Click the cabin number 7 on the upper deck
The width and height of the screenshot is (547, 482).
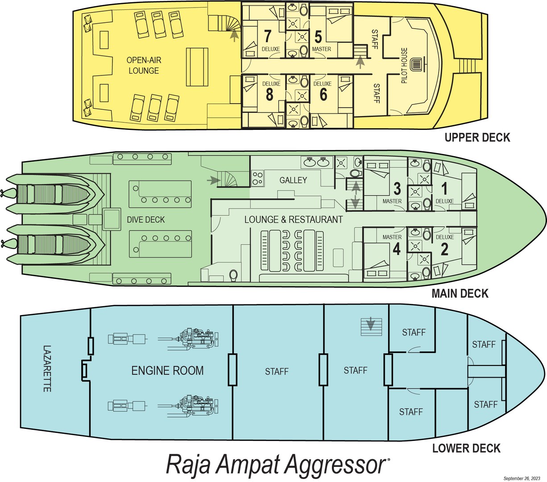click(x=268, y=35)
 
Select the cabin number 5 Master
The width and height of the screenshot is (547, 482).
click(x=318, y=35)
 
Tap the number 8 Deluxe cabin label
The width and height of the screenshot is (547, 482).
click(x=269, y=94)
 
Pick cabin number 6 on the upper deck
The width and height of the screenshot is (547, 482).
click(x=323, y=94)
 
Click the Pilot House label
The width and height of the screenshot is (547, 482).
click(x=404, y=66)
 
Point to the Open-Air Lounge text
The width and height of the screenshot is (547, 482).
click(x=143, y=65)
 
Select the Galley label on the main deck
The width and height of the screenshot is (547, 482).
click(x=293, y=180)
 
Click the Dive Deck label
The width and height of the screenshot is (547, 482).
click(x=145, y=220)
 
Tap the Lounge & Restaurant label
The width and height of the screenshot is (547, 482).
click(x=293, y=220)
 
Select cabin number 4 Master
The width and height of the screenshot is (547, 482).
click(x=397, y=249)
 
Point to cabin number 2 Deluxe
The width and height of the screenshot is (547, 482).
click(x=444, y=249)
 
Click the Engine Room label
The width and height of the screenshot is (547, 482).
click(x=167, y=370)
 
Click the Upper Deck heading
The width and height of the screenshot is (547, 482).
click(x=477, y=137)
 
